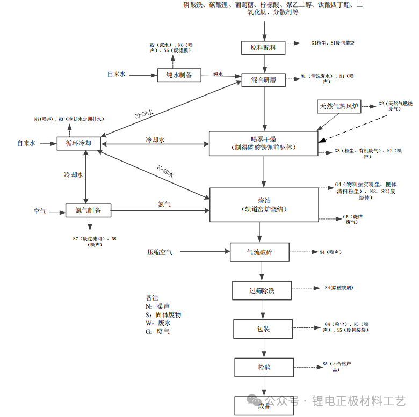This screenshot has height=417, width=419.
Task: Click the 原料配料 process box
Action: click(263, 48)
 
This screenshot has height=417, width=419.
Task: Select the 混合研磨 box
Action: click(263, 80)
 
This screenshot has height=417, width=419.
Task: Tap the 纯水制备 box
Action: click(179, 75)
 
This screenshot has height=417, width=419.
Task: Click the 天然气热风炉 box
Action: click(339, 106)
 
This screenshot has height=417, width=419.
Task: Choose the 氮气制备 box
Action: click(89, 211)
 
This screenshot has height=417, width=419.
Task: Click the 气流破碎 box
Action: click(259, 252)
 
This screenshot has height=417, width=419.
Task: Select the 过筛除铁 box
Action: click(262, 290)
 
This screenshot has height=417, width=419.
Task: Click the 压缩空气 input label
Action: click(160, 252)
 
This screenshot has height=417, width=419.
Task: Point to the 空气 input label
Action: click(40, 211)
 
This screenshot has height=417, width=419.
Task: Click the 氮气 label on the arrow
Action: click(165, 204)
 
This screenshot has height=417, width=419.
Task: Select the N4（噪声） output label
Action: click(330, 252)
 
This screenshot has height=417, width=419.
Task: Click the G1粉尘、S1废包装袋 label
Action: click(333, 42)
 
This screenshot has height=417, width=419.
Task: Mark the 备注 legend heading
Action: click(152, 297)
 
